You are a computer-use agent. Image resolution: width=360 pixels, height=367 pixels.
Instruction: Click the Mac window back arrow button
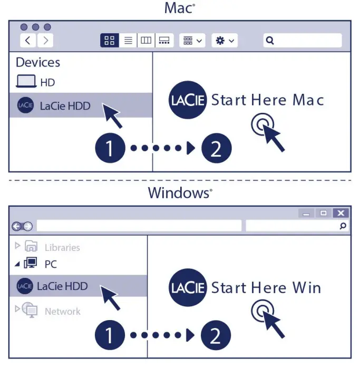(28, 41)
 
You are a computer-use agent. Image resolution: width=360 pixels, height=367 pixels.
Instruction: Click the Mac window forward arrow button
(46, 41)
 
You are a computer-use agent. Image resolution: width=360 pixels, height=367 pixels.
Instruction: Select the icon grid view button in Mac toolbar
(110, 41)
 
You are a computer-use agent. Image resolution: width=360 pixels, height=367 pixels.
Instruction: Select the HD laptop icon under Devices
(26, 82)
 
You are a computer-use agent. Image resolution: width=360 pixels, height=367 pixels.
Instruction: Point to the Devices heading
(38, 62)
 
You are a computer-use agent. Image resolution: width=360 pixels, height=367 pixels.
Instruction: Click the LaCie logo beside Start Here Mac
(188, 100)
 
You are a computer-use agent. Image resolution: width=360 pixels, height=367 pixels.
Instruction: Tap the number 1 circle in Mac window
(109, 148)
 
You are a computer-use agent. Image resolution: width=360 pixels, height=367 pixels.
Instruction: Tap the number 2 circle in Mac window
(216, 148)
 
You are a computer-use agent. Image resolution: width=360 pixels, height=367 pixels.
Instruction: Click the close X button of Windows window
(341, 213)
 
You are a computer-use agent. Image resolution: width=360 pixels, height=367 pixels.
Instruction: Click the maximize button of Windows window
(324, 213)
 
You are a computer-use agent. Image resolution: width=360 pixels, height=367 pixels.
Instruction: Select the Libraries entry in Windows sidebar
(62, 247)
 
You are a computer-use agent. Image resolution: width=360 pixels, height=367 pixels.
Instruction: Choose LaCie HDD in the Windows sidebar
(62, 286)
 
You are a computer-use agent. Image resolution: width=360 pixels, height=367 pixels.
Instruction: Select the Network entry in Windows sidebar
(62, 311)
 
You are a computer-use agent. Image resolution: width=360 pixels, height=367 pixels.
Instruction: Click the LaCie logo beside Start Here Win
(188, 287)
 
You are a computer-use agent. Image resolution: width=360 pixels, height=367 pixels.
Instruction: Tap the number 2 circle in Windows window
(216, 334)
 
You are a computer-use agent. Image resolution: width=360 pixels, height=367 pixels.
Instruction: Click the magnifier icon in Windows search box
(343, 226)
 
